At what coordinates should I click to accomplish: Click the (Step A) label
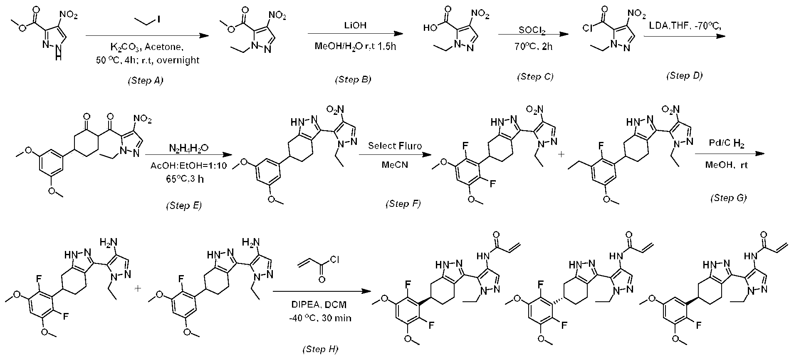coord(145,81)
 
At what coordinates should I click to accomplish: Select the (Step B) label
coord(353,79)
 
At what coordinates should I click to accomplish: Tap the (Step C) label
coord(535,77)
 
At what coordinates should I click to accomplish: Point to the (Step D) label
coord(684,75)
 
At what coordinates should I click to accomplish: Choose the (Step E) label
coord(183,206)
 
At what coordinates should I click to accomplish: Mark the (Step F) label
coord(403,204)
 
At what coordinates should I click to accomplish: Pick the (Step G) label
coord(728,198)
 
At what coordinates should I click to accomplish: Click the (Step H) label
coord(319,349)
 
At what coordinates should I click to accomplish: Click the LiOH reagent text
coord(355,25)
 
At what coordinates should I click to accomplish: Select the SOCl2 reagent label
coord(531,30)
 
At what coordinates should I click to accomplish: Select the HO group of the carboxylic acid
coord(430,28)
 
